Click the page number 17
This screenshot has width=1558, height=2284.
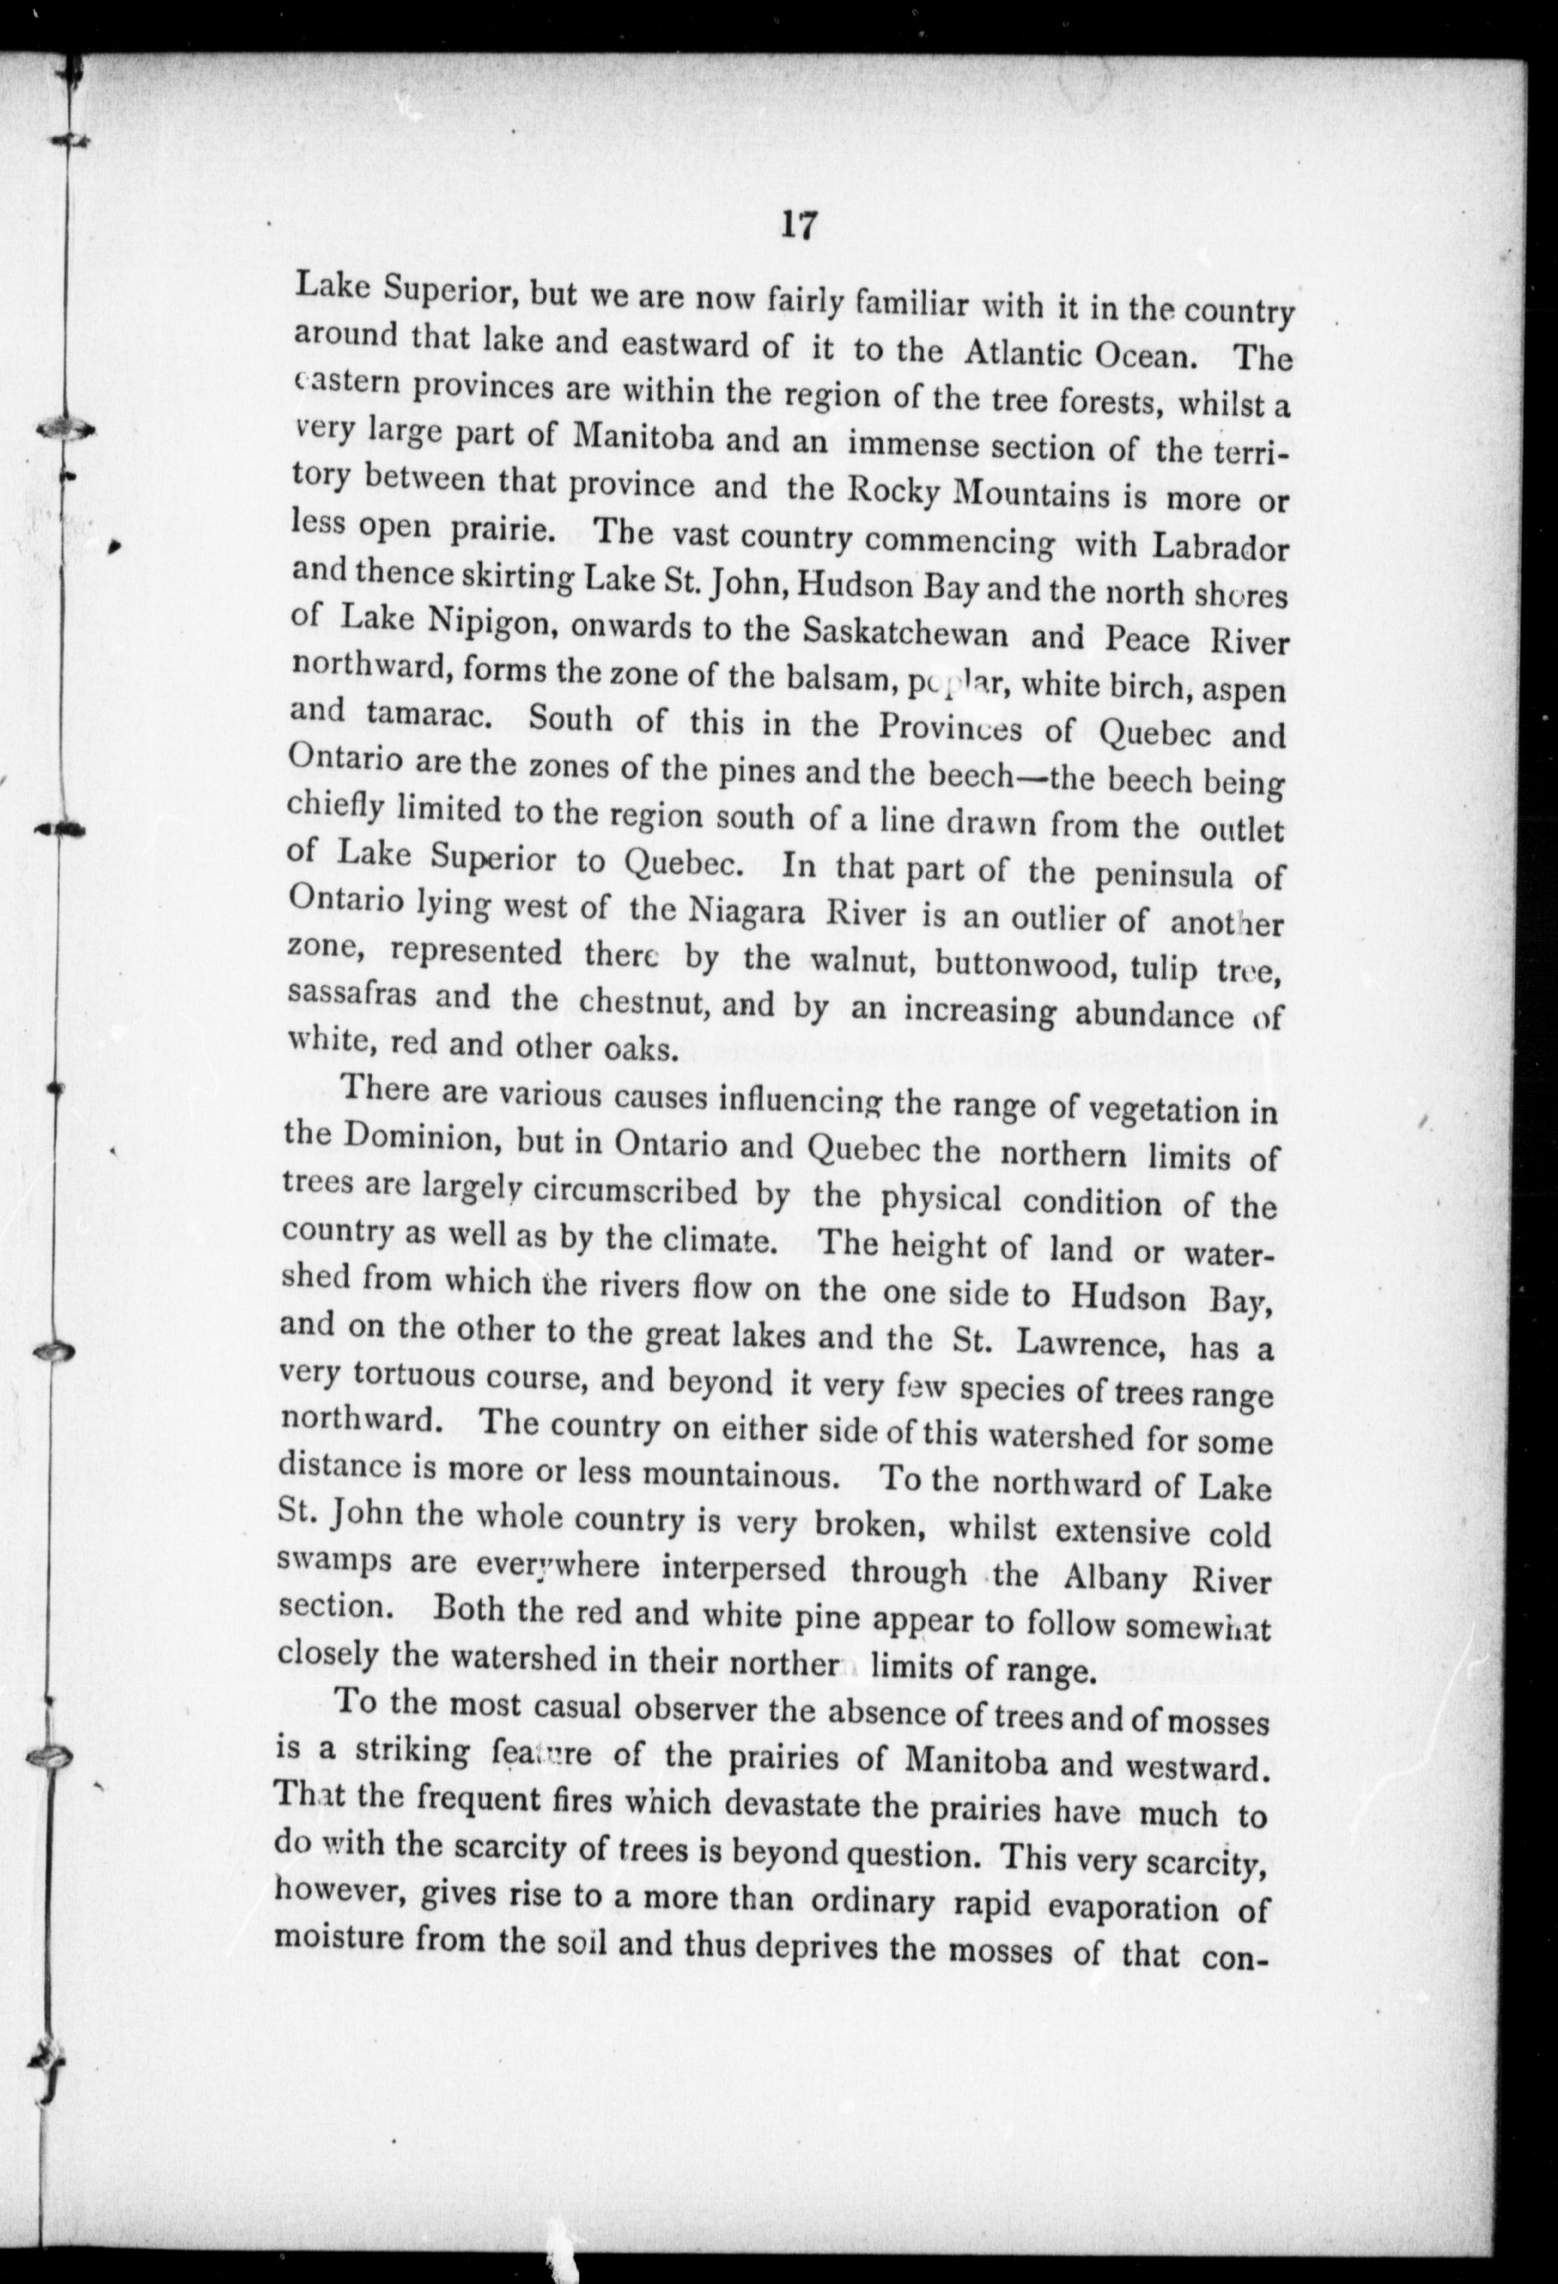[x=797, y=226]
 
